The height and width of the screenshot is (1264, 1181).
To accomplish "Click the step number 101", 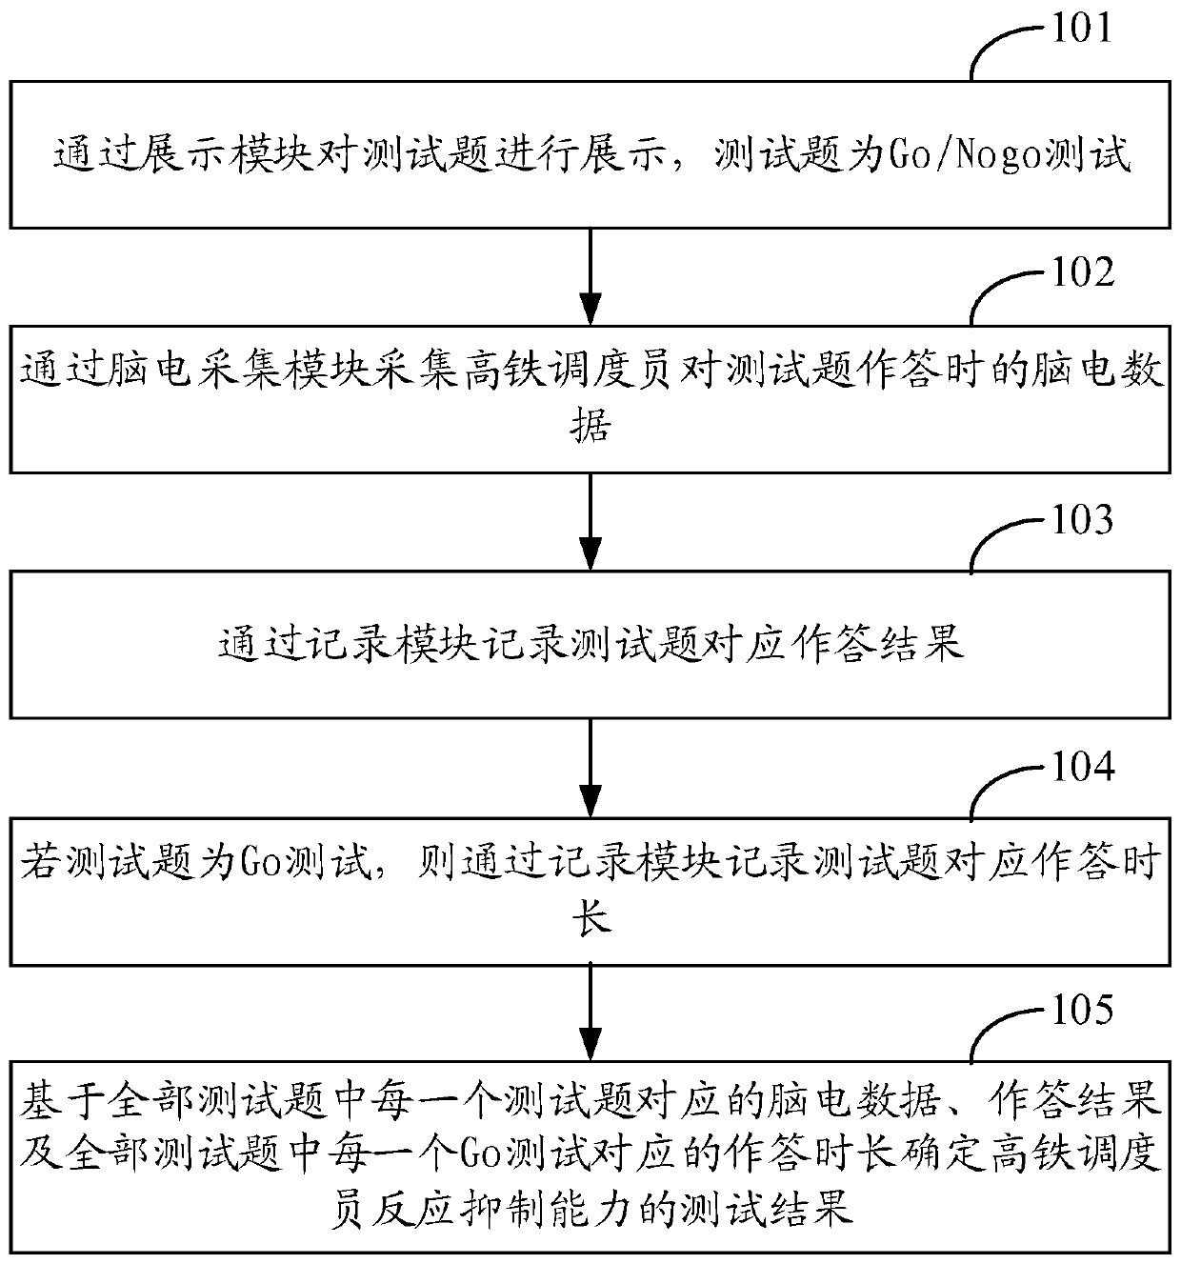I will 1081,28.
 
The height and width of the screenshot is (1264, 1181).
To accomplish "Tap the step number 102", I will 1081,273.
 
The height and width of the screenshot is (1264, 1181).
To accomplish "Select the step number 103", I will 1081,520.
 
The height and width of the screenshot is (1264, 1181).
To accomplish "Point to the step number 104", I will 1081,766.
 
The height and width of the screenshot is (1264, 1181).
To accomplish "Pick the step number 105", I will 1081,1011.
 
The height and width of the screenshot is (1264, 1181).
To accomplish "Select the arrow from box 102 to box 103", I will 591,523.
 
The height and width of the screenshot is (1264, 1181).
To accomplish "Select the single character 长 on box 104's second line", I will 591,919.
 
